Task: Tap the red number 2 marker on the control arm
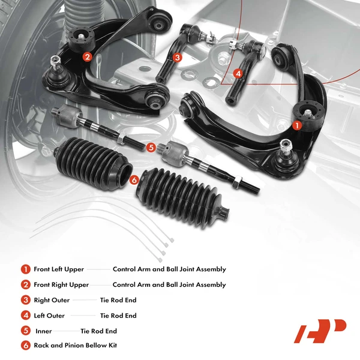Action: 87,57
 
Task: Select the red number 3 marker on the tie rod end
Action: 177,58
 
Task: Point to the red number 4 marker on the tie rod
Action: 238,74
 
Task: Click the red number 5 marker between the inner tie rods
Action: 151,146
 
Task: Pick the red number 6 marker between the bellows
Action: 134,179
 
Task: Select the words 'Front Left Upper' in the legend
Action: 59,269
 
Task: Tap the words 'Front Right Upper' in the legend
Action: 61,285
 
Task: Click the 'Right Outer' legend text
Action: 52,300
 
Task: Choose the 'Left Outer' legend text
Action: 49,316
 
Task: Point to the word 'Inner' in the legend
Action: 44,331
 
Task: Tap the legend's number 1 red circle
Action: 25,269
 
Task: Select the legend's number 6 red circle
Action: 25,346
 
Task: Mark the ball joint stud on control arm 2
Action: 56,62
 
